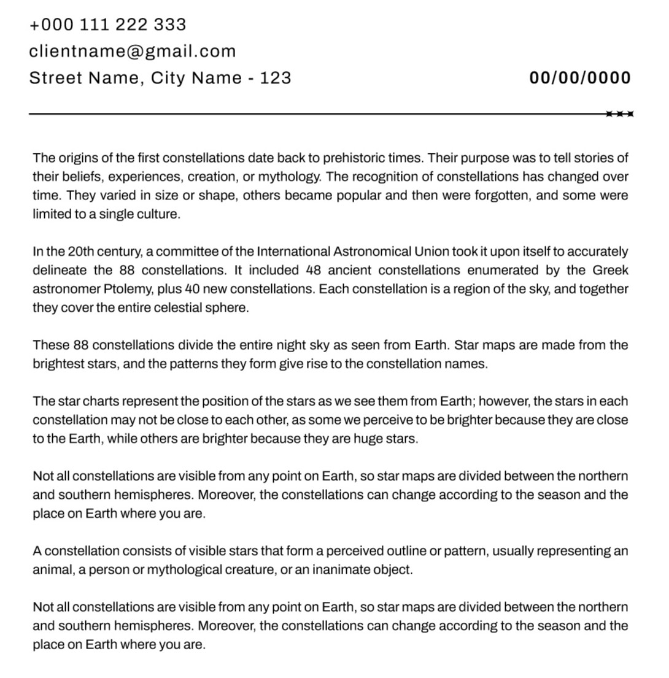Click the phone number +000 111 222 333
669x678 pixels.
107,25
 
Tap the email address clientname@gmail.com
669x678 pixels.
132,51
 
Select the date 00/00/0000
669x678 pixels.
580,78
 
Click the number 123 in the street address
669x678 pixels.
276,78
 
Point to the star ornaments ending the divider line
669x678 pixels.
620,114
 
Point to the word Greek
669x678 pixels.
610,270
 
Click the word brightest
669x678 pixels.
59,364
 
